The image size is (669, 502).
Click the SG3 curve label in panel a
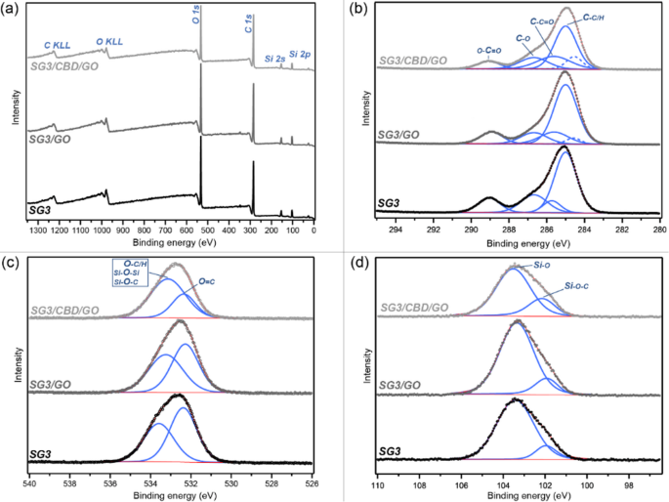pyautogui.click(x=42, y=210)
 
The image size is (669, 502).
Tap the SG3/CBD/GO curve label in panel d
pyautogui.click(x=412, y=308)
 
